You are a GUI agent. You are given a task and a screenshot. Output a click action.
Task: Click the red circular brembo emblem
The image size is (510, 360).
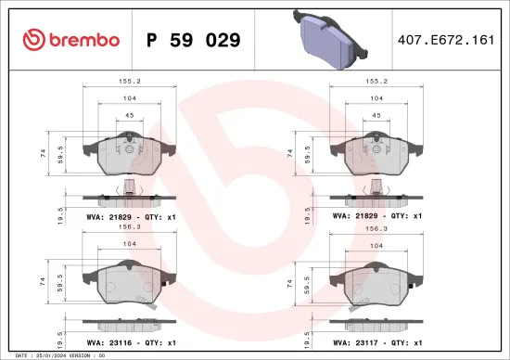tap(32, 40)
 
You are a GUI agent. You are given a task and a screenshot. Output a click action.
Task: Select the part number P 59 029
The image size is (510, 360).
tap(194, 40)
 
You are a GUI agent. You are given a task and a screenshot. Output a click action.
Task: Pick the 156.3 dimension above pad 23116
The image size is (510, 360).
tap(131, 225)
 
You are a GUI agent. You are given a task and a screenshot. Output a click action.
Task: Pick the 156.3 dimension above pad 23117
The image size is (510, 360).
tap(376, 225)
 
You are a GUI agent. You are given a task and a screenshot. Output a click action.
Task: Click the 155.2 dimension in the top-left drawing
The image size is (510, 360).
tap(131, 81)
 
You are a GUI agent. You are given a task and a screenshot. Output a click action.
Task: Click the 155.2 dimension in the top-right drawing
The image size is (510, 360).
tap(376, 81)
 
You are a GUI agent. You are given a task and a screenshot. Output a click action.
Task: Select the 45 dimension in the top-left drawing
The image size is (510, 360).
tap(131, 116)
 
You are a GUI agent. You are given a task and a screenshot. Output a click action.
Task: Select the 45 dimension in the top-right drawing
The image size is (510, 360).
tap(376, 116)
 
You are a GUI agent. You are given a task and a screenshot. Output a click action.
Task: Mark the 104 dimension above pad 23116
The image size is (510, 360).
tap(131, 246)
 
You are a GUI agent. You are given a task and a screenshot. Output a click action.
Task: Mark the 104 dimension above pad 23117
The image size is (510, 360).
tap(376, 246)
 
